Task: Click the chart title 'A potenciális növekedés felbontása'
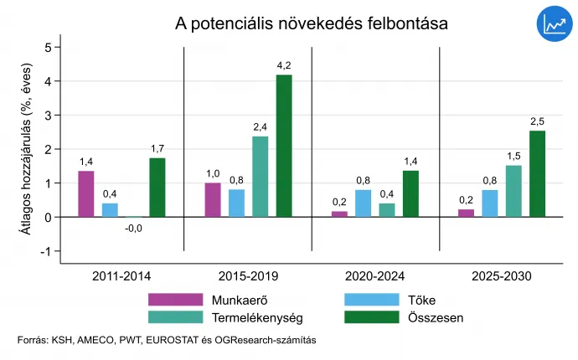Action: click(311, 23)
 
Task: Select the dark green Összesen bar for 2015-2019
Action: click(285, 146)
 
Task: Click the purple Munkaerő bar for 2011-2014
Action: click(86, 193)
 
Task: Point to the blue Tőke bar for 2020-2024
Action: click(364, 203)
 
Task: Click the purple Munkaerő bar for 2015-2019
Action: click(213, 199)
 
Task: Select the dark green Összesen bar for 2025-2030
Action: click(537, 174)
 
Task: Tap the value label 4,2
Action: click(285, 65)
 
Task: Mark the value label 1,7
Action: click(157, 149)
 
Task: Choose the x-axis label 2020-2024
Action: click(374, 275)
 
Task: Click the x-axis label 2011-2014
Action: click(121, 275)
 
